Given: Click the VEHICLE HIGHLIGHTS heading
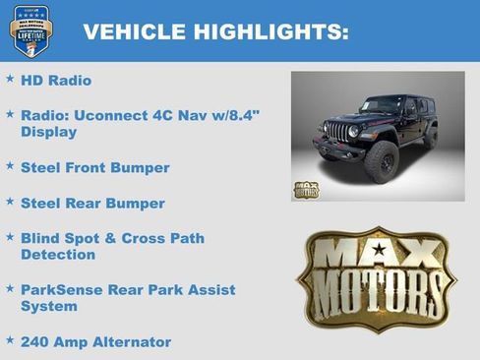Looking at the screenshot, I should click(215, 31).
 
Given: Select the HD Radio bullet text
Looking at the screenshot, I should click(56, 80).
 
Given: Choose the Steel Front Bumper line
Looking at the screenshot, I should click(94, 167).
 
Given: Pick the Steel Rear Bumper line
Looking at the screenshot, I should click(92, 203).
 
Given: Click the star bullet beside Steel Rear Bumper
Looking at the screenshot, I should click(10, 201).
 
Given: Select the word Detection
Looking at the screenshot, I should click(58, 255).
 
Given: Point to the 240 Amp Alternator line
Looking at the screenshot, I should click(95, 341).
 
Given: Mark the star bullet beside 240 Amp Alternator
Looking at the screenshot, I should click(10, 339).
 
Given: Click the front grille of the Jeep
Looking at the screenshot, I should click(336, 131).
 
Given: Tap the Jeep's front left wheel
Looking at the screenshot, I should click(380, 160).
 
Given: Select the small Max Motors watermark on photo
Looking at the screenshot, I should click(307, 189).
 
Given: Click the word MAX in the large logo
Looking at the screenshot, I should click(376, 255).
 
